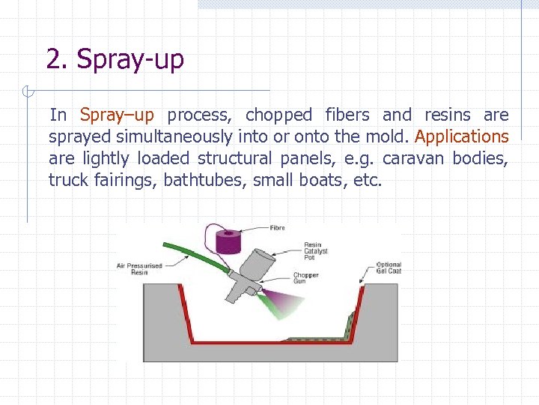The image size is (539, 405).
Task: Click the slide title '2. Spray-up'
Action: [115, 58]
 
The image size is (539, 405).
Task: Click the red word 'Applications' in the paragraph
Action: [461, 136]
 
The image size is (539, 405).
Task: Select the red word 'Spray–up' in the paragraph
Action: [117, 115]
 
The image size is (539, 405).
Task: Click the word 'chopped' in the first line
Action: [278, 115]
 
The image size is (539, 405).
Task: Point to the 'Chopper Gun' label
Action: [306, 278]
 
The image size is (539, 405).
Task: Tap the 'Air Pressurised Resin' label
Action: [133, 268]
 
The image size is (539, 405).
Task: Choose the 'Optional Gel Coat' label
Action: [389, 268]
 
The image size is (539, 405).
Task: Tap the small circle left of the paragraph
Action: [27, 93]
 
